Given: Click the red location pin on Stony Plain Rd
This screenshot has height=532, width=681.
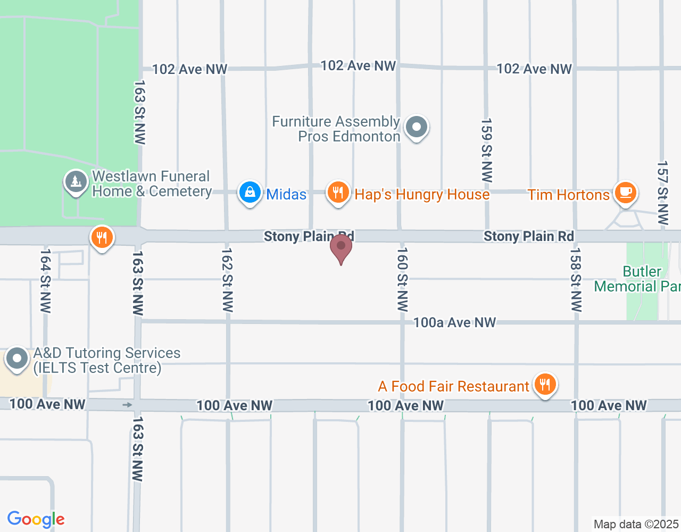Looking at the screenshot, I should click(341, 248).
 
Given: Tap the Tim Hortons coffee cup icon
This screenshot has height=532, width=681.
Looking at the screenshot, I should click(626, 192).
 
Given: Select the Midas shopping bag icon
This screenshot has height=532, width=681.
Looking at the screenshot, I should click(250, 193).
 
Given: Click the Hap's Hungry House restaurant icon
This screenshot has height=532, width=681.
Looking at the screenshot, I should click(338, 192).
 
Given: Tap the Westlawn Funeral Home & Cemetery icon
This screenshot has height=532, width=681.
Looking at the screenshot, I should click(76, 182).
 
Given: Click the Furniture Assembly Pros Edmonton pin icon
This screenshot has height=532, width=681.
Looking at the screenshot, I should click(417, 128).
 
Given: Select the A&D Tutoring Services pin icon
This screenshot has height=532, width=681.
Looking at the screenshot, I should click(17, 359).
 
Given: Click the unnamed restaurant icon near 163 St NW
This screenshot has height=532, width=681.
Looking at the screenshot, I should click(102, 237).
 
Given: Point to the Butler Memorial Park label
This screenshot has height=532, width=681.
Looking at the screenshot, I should click(637, 279).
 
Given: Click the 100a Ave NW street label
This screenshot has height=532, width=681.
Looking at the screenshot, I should click(454, 322).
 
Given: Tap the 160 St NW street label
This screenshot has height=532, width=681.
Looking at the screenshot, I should click(403, 279).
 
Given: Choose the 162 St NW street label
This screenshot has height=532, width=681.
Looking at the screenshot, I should click(228, 280).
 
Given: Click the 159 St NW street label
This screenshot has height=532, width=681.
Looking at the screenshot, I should click(486, 151).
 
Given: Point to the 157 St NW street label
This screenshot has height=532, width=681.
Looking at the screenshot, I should click(662, 193).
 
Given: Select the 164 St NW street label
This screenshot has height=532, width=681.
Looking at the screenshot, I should click(46, 280).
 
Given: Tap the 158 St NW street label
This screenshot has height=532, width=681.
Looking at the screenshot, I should click(576, 279).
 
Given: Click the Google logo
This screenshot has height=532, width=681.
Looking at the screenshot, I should click(36, 519).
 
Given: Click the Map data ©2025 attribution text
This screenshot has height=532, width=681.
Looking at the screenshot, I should click(636, 525).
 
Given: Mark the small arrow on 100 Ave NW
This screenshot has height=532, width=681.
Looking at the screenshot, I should click(127, 405).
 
